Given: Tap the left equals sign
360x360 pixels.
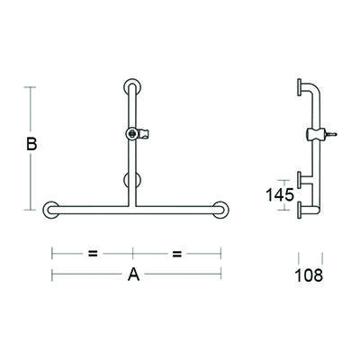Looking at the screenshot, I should [93, 253].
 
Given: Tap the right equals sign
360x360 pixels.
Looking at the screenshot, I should [176, 253].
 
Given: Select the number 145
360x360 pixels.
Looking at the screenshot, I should [278, 193].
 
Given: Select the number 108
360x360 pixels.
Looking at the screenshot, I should [308, 274].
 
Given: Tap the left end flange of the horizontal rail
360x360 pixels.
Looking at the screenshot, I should [51, 210].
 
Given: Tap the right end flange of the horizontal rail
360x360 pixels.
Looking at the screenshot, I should [218, 210].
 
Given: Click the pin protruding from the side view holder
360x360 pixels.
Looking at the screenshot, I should [334, 134].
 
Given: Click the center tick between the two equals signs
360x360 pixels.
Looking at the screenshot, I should [134, 253].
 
